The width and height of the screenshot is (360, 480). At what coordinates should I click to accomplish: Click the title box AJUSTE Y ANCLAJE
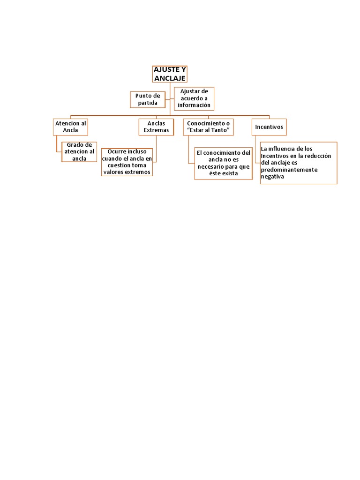(x=170, y=74)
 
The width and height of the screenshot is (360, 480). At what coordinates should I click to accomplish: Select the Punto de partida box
(x=148, y=99)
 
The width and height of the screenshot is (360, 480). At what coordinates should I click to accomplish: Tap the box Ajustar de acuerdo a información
(x=194, y=98)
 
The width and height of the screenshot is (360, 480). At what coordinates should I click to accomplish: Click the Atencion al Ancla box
(x=71, y=127)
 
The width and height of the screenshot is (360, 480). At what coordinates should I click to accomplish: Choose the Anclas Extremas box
(x=156, y=127)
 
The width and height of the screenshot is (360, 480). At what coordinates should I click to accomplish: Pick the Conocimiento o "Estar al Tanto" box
(x=208, y=127)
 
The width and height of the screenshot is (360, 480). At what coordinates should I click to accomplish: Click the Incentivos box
(x=269, y=127)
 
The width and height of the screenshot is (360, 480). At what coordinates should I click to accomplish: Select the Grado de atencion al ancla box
(x=79, y=152)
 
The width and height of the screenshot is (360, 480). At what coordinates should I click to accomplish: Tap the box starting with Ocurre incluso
(x=127, y=162)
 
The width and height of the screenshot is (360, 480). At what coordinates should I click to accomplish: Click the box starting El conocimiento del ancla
(x=224, y=163)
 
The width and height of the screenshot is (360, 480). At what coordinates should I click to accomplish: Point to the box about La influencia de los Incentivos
(x=298, y=163)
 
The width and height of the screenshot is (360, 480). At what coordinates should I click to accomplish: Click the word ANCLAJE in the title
(x=170, y=78)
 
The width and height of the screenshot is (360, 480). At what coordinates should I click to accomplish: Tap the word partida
(x=148, y=103)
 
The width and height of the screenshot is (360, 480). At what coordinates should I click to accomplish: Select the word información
(x=194, y=105)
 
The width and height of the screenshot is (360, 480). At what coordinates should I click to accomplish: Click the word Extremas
(x=156, y=130)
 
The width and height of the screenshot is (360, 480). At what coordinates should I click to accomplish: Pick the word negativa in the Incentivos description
(x=272, y=177)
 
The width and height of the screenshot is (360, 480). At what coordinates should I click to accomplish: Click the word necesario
(x=213, y=166)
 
